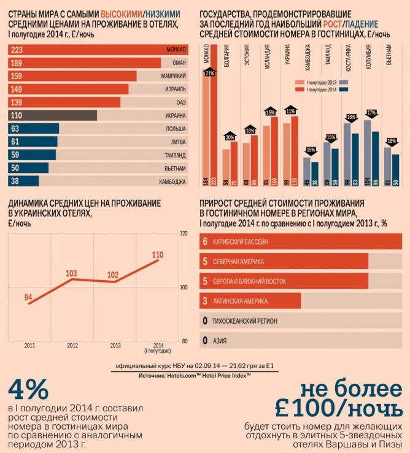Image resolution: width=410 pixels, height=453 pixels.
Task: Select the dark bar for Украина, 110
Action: (53, 115)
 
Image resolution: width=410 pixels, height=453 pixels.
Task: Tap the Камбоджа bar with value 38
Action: (24, 181)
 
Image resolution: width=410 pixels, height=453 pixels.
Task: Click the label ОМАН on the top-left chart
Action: (176, 63)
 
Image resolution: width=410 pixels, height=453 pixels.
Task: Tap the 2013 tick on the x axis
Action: (114, 346)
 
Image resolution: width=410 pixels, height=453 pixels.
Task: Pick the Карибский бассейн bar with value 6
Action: (301, 242)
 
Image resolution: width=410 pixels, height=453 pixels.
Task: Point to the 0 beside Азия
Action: (204, 340)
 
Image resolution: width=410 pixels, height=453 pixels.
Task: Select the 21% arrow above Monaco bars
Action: (210, 74)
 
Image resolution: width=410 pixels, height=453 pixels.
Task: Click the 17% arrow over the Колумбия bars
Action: (371, 113)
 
